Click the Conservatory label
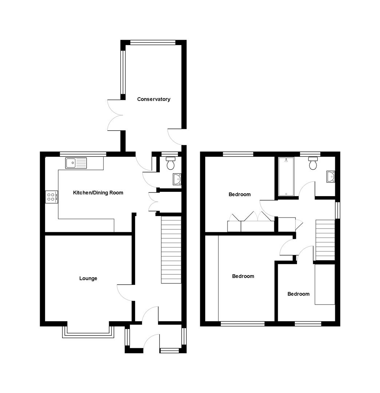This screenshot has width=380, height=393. pyautogui.click(x=154, y=99)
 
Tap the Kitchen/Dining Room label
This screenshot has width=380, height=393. pyautogui.click(x=98, y=193)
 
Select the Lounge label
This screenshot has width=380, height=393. pyautogui.click(x=88, y=278)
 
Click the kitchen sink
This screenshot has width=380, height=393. pyautogui.click(x=76, y=163)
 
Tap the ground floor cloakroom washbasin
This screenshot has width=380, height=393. pyautogui.click(x=177, y=179)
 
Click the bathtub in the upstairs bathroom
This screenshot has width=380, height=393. pyautogui.click(x=286, y=176)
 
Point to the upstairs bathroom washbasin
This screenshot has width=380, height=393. pyautogui.click(x=331, y=176)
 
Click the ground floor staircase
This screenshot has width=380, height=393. pyautogui.click(x=171, y=250)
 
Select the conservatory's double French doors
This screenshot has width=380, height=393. pyautogui.click(x=115, y=115)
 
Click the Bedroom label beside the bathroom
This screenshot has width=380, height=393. pyautogui.click(x=240, y=194)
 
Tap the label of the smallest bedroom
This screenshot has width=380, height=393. pyautogui.click(x=298, y=294)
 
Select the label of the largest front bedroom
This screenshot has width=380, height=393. pyautogui.click(x=243, y=276)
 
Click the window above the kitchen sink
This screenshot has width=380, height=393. pyautogui.click(x=83, y=154)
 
